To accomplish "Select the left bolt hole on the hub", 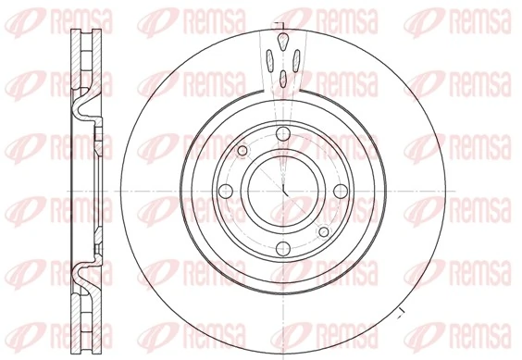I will [223, 192].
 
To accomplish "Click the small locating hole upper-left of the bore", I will [242, 151].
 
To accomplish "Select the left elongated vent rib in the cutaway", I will [270, 62].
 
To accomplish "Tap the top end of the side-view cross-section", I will [83, 28].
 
